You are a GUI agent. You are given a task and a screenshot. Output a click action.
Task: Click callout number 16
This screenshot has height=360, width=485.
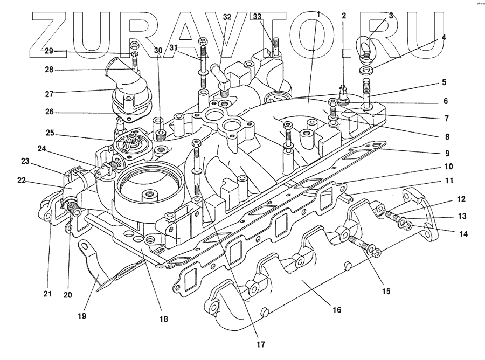coord(336,310)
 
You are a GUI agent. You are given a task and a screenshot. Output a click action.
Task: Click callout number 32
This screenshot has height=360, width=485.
coord(227,17)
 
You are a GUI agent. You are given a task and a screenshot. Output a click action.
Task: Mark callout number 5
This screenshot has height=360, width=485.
coord(444,83)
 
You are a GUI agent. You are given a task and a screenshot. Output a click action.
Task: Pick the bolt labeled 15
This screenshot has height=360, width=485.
coord(362,244)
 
